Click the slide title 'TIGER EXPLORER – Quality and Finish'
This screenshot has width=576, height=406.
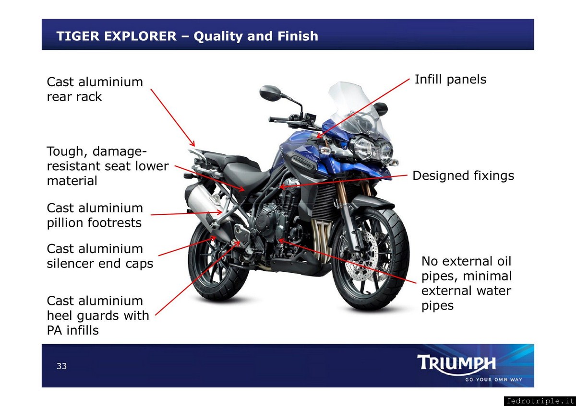click(x=187, y=36)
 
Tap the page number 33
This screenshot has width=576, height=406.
click(x=62, y=366)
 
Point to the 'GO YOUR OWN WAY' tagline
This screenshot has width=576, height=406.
click(x=493, y=380)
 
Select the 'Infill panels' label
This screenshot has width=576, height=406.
click(x=451, y=80)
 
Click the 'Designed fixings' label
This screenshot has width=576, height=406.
click(x=463, y=176)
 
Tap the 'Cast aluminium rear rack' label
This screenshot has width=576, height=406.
click(x=95, y=89)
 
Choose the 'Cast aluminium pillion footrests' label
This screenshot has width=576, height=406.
click(x=95, y=215)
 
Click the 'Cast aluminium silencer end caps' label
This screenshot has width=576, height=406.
click(x=100, y=256)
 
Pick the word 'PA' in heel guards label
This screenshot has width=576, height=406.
click(x=54, y=330)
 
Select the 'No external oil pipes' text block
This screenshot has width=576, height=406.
click(x=467, y=283)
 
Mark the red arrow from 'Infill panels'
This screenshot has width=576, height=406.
click(x=363, y=108)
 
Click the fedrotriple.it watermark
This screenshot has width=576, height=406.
click(x=540, y=401)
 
